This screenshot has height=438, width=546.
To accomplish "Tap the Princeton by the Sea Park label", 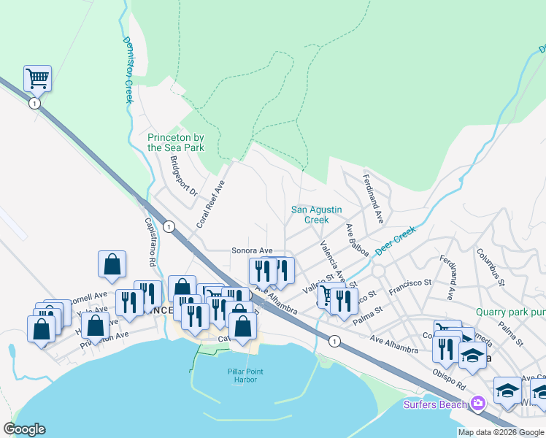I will [176, 142].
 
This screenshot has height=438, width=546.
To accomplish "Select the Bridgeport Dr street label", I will [183, 175].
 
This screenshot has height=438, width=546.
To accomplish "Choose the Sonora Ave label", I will [252, 250].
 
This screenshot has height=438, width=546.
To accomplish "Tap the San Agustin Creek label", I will [316, 215].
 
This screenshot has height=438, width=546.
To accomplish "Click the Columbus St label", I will [491, 264].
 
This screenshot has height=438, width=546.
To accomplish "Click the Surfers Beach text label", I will [437, 404].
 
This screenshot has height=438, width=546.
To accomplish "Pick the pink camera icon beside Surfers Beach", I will [478, 403].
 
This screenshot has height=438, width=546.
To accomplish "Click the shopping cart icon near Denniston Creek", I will [37, 77].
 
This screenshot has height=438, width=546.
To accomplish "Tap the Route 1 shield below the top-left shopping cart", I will [34, 104].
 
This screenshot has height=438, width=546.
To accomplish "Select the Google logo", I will [25, 429].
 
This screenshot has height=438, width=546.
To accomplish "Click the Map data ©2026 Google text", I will [501, 432].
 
